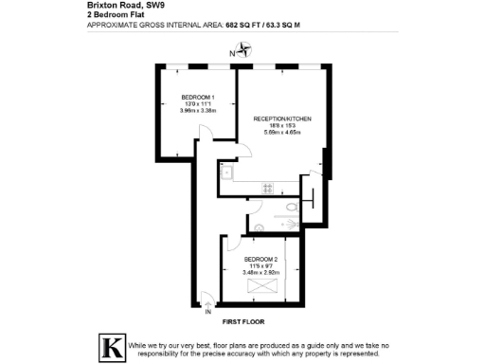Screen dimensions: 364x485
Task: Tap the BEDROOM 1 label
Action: click(x=199, y=98)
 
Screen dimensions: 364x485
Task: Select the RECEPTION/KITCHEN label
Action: click(x=282, y=118)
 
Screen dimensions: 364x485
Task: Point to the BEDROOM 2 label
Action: click(x=260, y=259)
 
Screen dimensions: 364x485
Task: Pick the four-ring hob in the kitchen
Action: click(x=267, y=185)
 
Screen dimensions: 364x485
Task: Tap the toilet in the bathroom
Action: click(x=312, y=200)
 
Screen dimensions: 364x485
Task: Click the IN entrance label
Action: click(x=207, y=311)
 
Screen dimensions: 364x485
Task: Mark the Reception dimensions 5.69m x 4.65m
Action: click(x=282, y=133)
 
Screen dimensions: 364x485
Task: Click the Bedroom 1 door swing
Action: click(x=203, y=148)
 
